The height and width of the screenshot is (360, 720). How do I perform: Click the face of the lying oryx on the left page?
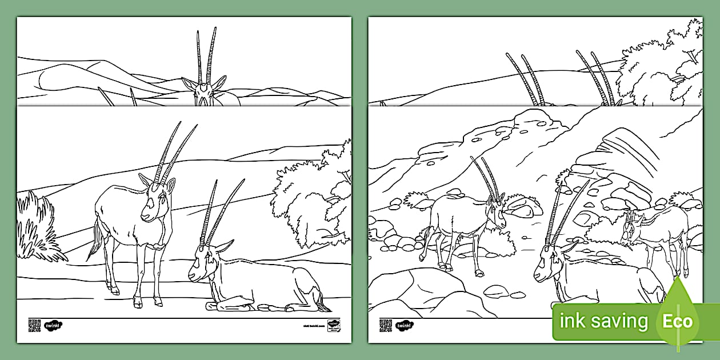(199, 266)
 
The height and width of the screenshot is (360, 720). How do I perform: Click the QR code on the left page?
(34, 325)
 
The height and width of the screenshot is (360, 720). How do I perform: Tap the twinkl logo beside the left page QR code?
(54, 325)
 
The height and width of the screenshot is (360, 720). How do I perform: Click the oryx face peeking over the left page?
(203, 91)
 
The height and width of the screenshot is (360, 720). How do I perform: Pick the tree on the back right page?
(663, 69)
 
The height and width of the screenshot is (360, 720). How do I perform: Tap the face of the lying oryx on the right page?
(545, 266)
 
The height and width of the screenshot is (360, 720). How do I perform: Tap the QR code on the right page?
(386, 325)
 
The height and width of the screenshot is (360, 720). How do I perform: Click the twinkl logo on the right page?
(405, 325)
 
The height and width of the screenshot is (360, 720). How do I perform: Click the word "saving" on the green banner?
(619, 322)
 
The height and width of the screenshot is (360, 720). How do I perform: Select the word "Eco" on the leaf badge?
(677, 321)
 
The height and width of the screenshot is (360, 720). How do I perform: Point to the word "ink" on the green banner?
(573, 321)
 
